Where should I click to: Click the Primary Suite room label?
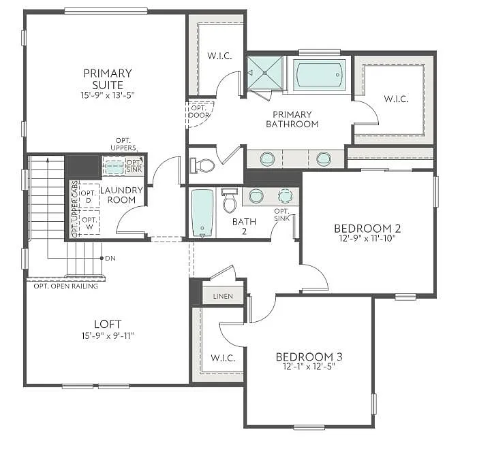click(x=108, y=78)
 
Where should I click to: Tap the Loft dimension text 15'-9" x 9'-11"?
click(x=107, y=335)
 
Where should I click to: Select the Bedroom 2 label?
click(x=367, y=228)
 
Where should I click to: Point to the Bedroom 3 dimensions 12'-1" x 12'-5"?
click(x=309, y=366)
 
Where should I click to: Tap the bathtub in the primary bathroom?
click(x=320, y=74)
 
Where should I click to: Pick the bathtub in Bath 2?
click(x=202, y=212)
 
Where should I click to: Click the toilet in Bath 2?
click(x=229, y=201)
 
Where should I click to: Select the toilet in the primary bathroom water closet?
click(x=204, y=165)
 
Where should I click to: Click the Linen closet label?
click(x=223, y=297)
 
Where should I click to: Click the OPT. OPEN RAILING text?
click(x=66, y=286)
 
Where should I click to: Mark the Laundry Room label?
click(x=121, y=195)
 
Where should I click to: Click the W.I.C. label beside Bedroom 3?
click(x=224, y=357)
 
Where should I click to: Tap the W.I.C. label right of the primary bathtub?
click(x=396, y=99)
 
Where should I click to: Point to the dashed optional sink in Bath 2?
click(x=285, y=196)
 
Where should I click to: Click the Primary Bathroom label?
click(x=292, y=119)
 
